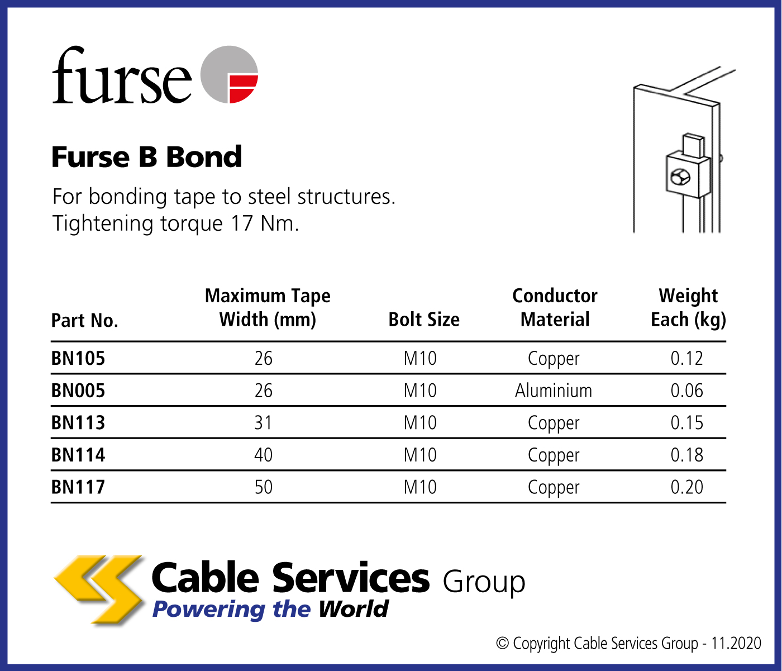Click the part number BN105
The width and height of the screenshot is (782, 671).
[x=78, y=358]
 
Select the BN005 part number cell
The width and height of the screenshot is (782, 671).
[x=78, y=391]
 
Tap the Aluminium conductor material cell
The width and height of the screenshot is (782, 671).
[x=553, y=391]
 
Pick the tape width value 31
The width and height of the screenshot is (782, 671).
[x=263, y=423]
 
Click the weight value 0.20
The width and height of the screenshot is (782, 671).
[x=686, y=487]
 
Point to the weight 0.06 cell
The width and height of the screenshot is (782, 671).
[x=686, y=391]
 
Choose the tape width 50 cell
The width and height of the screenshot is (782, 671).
[x=263, y=487]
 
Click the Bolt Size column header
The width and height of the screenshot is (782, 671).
[x=424, y=320]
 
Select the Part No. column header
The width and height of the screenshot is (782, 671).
[x=85, y=321]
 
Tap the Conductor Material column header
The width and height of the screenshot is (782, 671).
[x=555, y=307]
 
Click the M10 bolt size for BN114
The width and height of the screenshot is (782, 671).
[x=420, y=455]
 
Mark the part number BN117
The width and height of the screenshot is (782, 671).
[x=78, y=487]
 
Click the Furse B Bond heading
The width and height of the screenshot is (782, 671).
[x=146, y=156]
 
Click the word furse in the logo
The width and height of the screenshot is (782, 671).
[x=121, y=75]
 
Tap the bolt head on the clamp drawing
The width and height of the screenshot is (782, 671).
[x=680, y=177]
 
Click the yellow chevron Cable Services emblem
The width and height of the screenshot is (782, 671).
[x=99, y=589]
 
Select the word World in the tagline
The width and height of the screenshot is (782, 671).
[x=354, y=609]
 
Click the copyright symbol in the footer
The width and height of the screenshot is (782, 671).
[x=502, y=643]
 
